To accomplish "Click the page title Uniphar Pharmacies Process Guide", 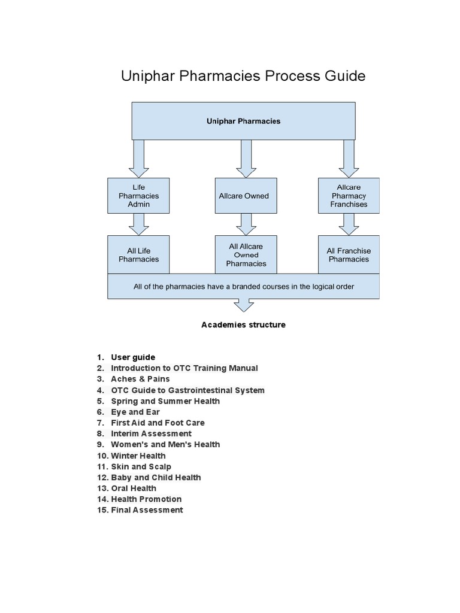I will pos(243,77).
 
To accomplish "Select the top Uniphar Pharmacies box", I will pos(243,121).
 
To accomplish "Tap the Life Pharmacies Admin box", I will pos(138,196).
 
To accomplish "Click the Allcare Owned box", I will pos(243,196).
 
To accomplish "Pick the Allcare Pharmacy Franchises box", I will pos(349,196).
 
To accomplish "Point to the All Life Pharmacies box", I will pos(138,255).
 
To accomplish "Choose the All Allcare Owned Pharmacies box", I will pos(246,255).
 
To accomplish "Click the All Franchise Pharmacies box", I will pos(349,255).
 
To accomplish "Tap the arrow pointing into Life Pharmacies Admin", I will pos(138,158).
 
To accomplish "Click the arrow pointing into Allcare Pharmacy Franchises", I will pos(349,158).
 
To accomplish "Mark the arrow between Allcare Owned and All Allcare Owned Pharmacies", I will pos(246,224).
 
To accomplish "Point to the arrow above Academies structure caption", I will pos(243,305).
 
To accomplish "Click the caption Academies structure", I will pos(243,325).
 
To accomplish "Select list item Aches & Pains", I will pos(140,379).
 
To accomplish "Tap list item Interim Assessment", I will pos(151,433).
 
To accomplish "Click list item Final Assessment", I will pos(147,510).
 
